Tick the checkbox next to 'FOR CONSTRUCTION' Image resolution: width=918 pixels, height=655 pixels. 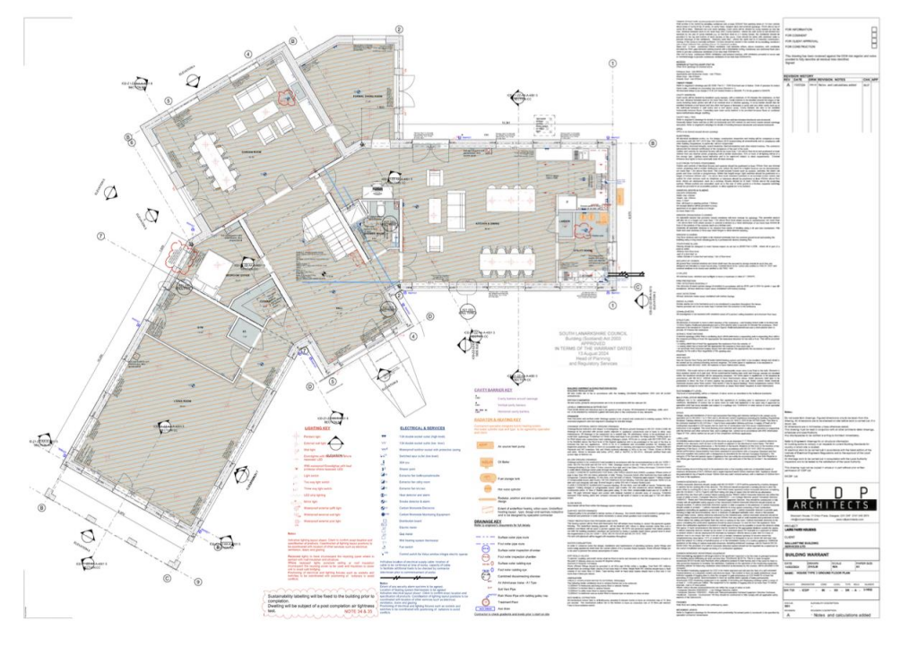(x=874, y=50)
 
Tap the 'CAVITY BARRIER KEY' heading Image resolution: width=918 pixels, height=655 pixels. (x=492, y=391)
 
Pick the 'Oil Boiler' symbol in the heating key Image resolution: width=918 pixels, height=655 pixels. (x=487, y=461)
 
